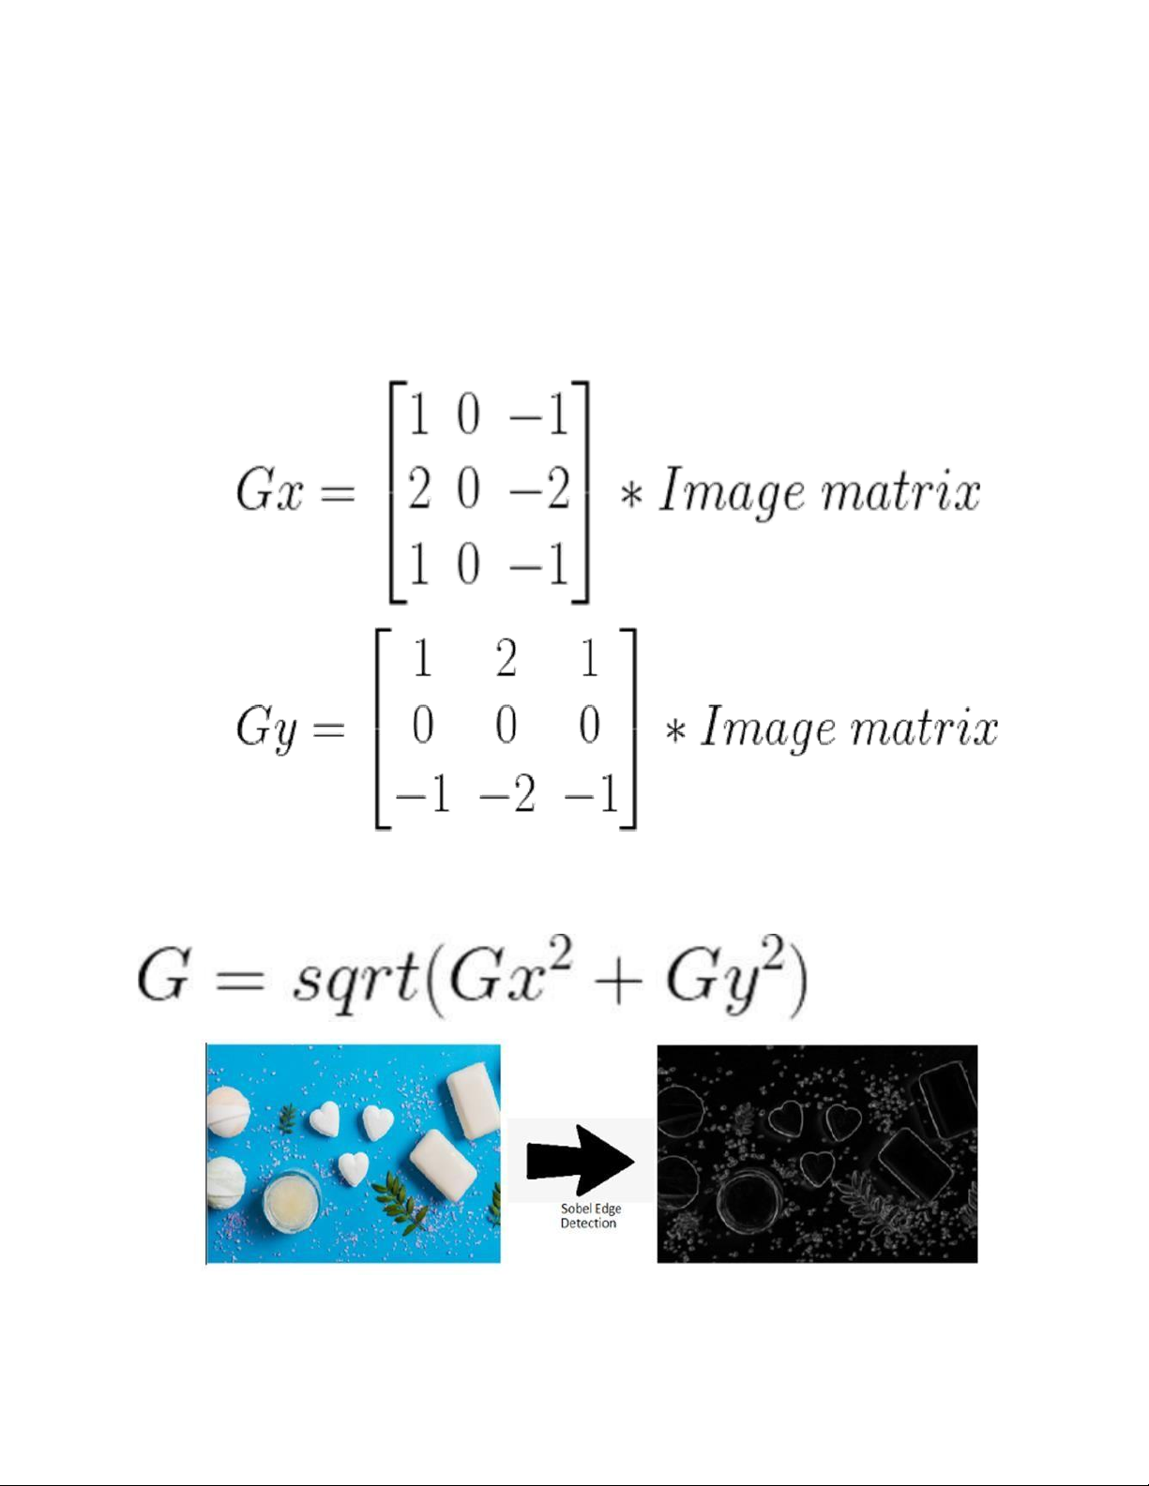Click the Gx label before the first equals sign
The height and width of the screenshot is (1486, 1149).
tap(268, 490)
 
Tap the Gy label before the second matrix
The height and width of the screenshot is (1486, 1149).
tap(266, 728)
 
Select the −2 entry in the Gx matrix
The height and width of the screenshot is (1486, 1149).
tap(539, 489)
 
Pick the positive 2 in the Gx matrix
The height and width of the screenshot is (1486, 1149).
tap(418, 489)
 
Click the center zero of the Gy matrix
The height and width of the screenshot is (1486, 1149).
tap(506, 725)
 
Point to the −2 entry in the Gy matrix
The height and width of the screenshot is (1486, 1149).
tap(507, 793)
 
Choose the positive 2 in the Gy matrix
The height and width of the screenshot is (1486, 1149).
tap(506, 659)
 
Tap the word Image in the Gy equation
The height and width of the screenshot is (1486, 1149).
tap(768, 728)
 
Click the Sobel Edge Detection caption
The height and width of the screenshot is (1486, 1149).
tap(590, 1216)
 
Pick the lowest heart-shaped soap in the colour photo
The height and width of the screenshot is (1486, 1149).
tap(354, 1169)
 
